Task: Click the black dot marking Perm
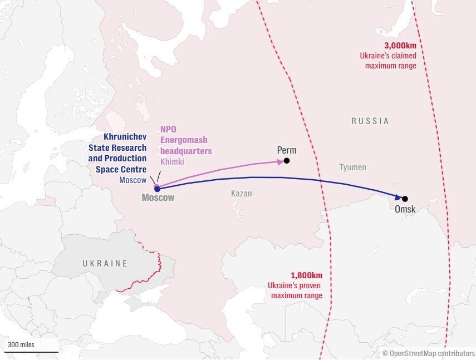pyautogui.click(x=286, y=161)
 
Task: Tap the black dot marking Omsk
pyautogui.click(x=405, y=199)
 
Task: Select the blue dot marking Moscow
pyautogui.click(x=157, y=189)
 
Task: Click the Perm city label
pyautogui.click(x=287, y=150)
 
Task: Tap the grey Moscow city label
pyautogui.click(x=158, y=198)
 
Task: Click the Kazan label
pyautogui.click(x=241, y=194)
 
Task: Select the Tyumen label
pyautogui.click(x=353, y=167)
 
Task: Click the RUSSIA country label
pyautogui.click(x=370, y=121)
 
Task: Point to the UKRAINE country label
pyautogui.click(x=105, y=263)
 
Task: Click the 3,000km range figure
pyautogui.click(x=400, y=46)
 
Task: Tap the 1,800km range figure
pyautogui.click(x=306, y=275)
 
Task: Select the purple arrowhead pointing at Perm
pyautogui.click(x=279, y=162)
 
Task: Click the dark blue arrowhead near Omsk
pyautogui.click(x=398, y=197)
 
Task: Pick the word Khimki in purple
pyautogui.click(x=172, y=161)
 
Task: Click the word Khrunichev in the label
pyautogui.click(x=125, y=136)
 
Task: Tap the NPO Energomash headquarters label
pyautogui.click(x=186, y=140)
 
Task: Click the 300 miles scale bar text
pyautogui.click(x=21, y=345)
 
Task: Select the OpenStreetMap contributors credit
pyautogui.click(x=428, y=353)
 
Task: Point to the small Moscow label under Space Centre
pyautogui.click(x=133, y=180)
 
